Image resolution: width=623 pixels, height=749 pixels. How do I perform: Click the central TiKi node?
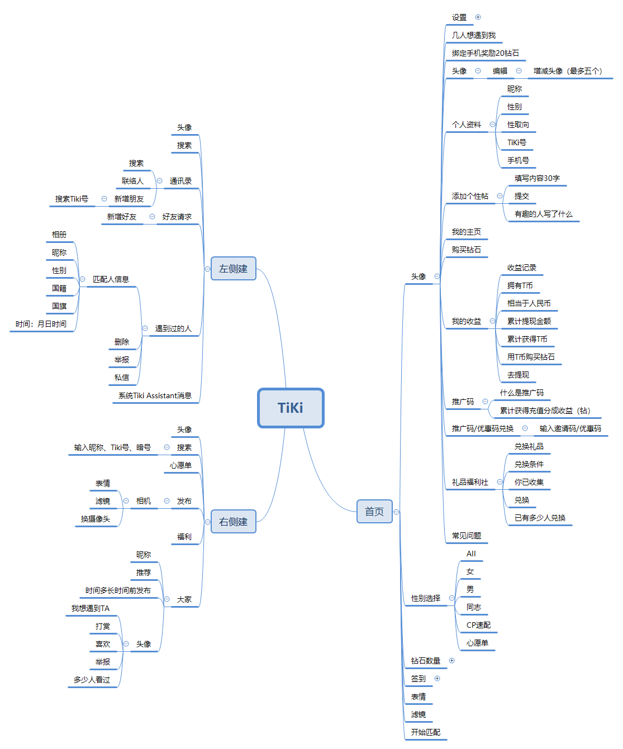click(291, 408)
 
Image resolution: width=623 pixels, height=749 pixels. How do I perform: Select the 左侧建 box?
click(233, 268)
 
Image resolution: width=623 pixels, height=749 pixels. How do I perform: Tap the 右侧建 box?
click(233, 521)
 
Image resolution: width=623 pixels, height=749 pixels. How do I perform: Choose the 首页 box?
click(374, 511)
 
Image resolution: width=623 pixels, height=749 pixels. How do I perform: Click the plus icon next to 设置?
click(478, 17)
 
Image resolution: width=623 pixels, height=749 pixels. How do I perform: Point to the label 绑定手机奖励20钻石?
click(485, 53)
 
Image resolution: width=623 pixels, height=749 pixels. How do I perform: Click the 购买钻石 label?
click(466, 250)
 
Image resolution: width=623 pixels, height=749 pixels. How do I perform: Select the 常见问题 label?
click(466, 536)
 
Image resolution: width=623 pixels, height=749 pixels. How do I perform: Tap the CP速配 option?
click(478, 625)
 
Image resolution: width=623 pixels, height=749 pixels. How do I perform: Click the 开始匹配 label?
click(425, 732)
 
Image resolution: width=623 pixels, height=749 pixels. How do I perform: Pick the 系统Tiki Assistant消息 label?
click(155, 395)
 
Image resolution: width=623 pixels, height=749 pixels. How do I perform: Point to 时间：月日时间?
click(41, 324)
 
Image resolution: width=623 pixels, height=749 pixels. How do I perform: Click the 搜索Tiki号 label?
click(72, 199)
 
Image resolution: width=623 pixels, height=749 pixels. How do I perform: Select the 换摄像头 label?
click(96, 519)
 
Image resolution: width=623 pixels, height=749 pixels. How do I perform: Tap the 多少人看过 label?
click(92, 679)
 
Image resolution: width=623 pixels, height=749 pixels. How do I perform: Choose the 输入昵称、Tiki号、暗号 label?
click(112, 447)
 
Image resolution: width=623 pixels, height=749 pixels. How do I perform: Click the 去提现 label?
click(518, 375)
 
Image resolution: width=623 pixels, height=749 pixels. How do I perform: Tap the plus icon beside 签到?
click(437, 678)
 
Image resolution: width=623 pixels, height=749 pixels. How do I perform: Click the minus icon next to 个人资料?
click(492, 124)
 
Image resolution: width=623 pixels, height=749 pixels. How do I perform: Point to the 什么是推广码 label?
click(521, 393)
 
